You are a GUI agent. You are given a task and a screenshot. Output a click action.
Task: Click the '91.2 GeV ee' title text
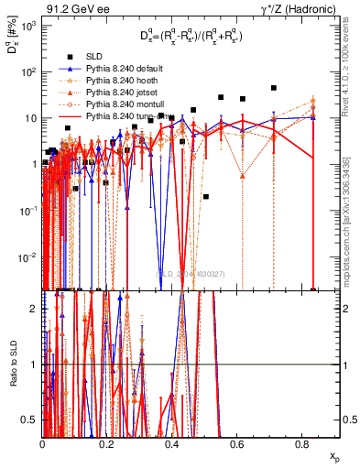pyautogui.click(x=76, y=11)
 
